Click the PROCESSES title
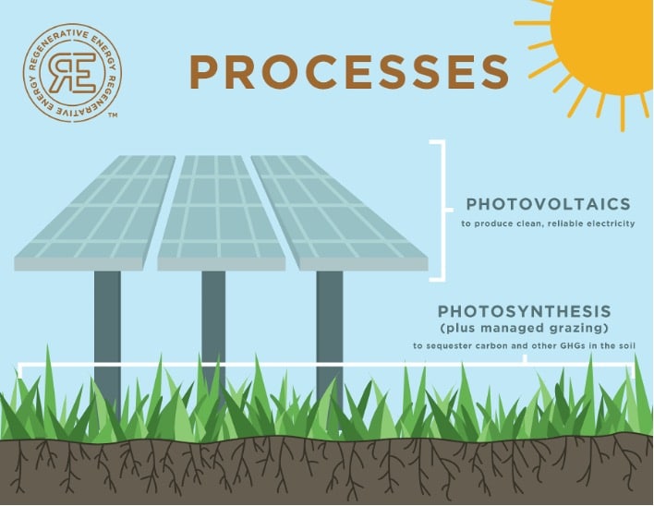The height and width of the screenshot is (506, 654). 349,72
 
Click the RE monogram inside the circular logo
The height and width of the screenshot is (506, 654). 72,73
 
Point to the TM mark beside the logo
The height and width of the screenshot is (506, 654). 112,114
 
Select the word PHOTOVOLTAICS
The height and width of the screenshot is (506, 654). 548,204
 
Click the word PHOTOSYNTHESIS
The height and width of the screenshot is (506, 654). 525,311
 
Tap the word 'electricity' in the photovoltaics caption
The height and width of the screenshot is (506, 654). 611,223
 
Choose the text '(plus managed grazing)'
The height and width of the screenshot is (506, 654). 525,328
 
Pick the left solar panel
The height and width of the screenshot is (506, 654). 95,213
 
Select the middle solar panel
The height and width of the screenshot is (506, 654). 221,213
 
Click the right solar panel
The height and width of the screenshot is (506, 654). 339,213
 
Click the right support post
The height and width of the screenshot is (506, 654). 330,333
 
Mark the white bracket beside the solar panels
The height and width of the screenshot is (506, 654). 443,211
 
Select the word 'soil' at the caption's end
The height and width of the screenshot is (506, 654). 627,345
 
